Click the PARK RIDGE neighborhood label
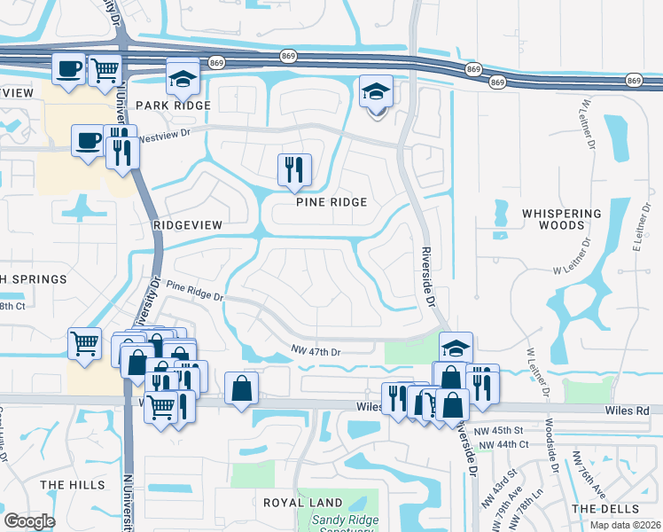[173, 106]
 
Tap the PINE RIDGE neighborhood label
[331, 202]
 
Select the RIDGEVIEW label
[187, 225]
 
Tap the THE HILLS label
[66, 485]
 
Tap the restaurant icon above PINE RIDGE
[294, 169]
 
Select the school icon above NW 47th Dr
[456, 347]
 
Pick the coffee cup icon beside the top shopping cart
[68, 68]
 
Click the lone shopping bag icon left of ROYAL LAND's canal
[242, 387]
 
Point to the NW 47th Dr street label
[316, 352]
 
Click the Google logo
[29, 520]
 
